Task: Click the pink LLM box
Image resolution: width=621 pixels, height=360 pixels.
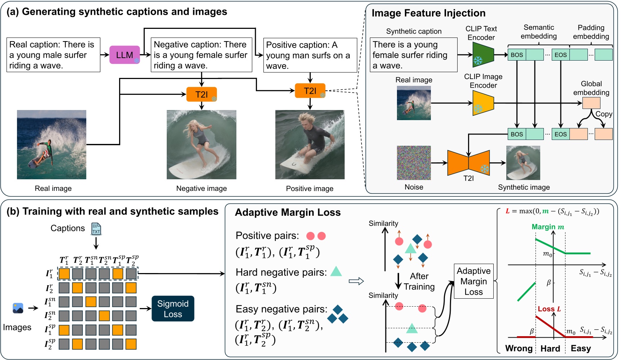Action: [x=124, y=55]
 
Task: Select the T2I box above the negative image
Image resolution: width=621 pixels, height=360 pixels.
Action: [x=201, y=95]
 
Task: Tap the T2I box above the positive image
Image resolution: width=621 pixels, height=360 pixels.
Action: [x=310, y=91]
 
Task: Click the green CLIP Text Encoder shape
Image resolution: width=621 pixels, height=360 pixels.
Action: [x=483, y=55]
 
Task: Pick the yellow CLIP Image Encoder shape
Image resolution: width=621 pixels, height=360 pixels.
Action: [x=483, y=103]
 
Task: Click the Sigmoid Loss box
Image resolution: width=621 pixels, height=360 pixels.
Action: [x=173, y=309]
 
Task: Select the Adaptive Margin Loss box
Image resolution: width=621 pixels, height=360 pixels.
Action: [x=473, y=281]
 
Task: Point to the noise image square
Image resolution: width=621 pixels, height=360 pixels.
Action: [x=414, y=163]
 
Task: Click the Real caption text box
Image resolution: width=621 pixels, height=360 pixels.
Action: [x=53, y=55]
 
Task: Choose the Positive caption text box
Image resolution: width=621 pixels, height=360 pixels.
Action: [x=310, y=56]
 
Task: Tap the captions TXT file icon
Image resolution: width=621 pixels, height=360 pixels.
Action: [x=96, y=229]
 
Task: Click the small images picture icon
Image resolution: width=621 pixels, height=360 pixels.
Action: [x=18, y=308]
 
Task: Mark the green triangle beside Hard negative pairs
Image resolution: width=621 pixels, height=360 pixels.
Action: [x=336, y=271]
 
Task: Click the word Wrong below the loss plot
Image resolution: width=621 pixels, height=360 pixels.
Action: [x=519, y=348]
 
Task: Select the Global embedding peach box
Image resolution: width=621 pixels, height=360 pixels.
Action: [x=591, y=103]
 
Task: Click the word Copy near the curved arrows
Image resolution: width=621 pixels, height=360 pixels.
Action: [x=604, y=114]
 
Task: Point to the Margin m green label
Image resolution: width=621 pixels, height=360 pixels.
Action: [x=547, y=227]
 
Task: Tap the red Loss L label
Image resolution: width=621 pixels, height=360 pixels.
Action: [x=549, y=309]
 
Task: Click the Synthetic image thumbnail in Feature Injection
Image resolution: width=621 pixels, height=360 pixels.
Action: [x=523, y=163]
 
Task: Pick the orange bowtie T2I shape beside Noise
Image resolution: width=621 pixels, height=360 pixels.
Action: [x=468, y=163]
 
